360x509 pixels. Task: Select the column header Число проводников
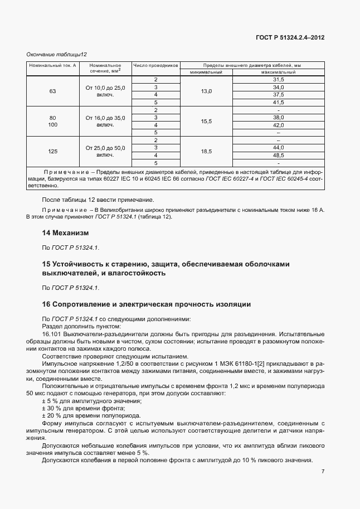(x=155, y=65)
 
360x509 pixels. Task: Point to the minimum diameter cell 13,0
(x=206, y=91)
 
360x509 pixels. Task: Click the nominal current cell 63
(x=53, y=91)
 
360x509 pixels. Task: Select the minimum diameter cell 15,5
(x=206, y=122)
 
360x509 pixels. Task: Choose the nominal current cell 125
(x=53, y=151)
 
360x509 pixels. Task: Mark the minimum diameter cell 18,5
(x=206, y=151)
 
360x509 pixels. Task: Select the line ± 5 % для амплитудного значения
(x=84, y=401)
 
